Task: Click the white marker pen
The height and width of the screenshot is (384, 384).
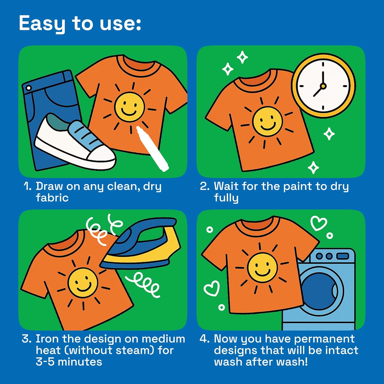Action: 152,148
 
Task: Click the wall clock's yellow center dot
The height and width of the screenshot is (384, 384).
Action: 323,86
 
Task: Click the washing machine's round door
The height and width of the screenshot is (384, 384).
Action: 321,291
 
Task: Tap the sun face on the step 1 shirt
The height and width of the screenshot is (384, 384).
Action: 130,107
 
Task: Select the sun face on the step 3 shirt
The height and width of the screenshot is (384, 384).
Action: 83,283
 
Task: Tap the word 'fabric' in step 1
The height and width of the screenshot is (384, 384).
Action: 52,198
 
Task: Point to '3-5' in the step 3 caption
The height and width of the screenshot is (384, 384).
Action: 45,362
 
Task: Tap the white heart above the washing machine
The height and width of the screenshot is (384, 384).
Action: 319,223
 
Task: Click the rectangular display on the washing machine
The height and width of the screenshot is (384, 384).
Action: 343,256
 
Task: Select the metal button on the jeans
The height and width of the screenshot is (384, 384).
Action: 29,88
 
